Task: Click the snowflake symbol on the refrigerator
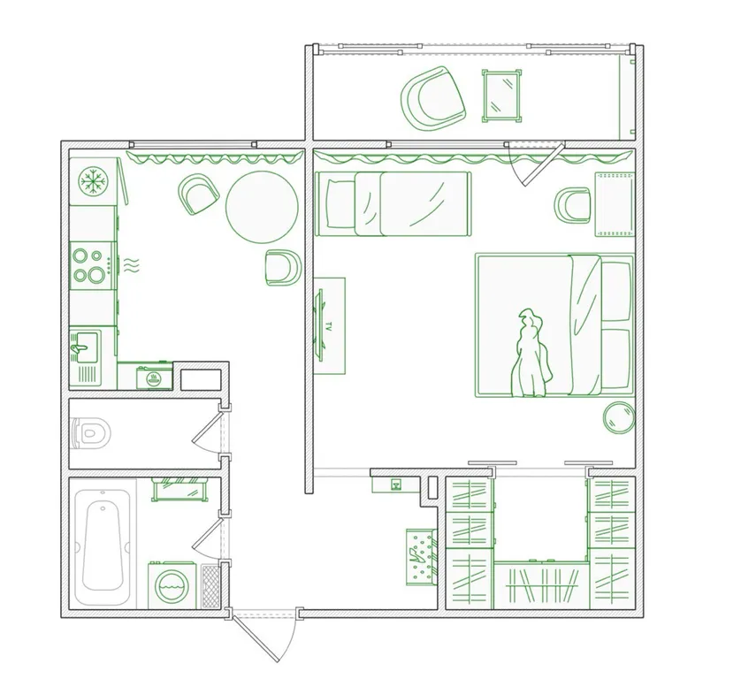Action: click(94, 181)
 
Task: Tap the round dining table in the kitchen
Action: click(262, 206)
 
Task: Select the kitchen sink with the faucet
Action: click(85, 347)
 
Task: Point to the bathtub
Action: click(103, 546)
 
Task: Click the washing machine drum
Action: click(172, 586)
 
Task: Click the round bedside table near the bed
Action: click(619, 417)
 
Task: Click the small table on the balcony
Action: click(502, 95)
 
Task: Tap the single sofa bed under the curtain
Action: click(393, 203)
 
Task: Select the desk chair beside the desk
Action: click(572, 205)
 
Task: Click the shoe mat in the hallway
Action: click(422, 557)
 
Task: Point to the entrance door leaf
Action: click(255, 639)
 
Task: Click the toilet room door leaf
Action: click(207, 427)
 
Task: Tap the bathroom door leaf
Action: click(207, 534)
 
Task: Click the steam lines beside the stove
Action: click(132, 266)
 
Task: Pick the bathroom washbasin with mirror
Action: click(180, 489)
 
